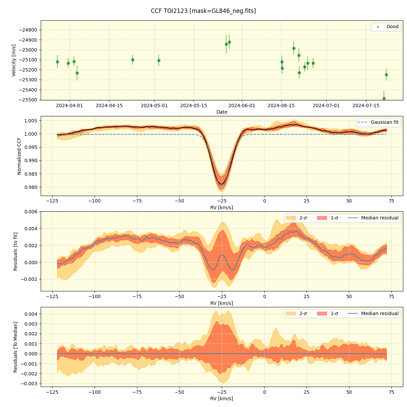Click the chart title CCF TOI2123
[203, 11]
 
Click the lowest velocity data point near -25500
[384, 98]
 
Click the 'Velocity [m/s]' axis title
[14, 60]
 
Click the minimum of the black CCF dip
[221, 184]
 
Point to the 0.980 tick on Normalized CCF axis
[30, 187]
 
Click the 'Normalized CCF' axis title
[19, 156]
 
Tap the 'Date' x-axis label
[222, 112]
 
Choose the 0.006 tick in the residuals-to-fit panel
[30, 212]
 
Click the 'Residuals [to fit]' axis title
[15, 251]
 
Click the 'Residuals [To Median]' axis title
[15, 347]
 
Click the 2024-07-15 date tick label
[366, 105]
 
